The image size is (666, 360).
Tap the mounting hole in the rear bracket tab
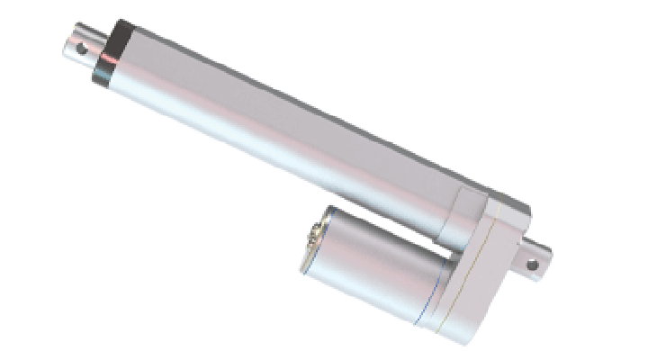tap(531, 265)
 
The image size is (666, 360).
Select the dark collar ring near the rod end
tap(112, 56)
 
